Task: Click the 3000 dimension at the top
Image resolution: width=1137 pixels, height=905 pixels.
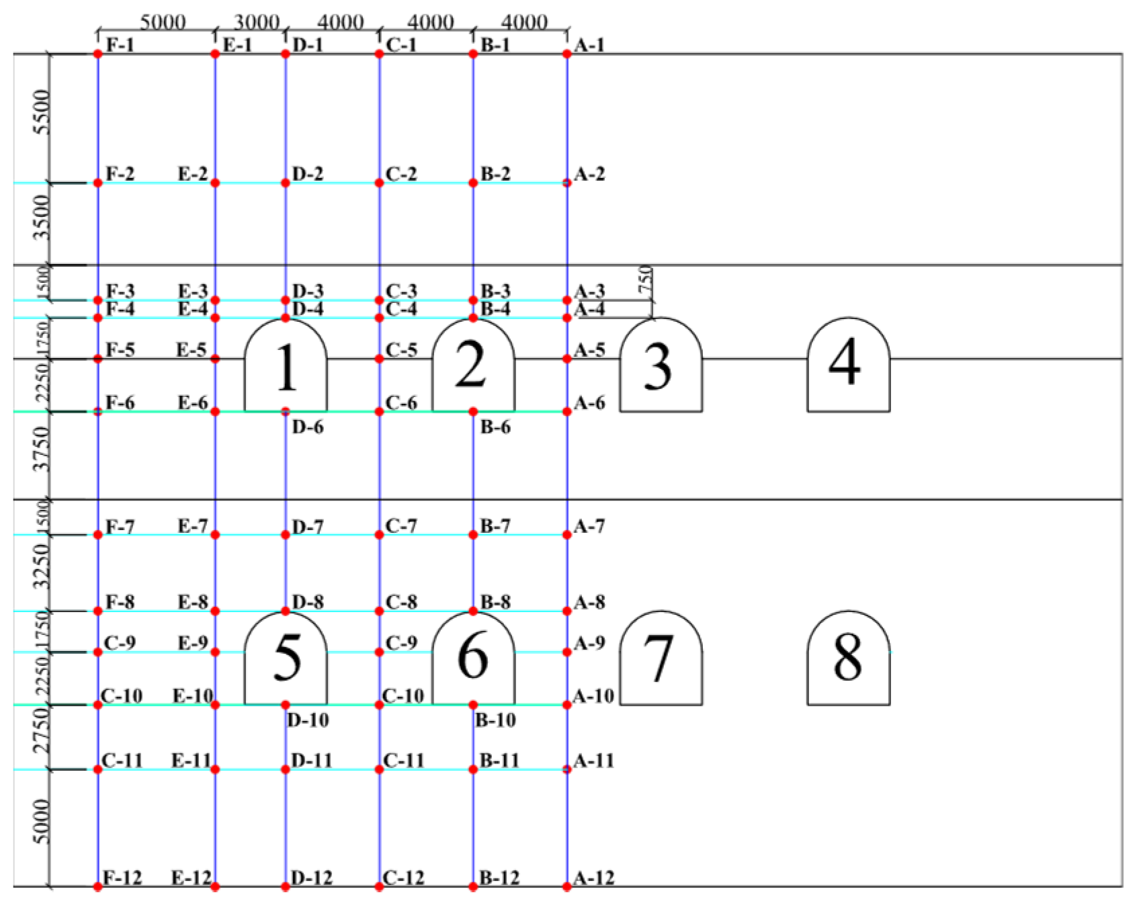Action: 256,22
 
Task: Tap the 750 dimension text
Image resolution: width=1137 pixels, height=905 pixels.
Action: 645,279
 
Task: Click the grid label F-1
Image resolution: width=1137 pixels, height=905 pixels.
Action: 120,45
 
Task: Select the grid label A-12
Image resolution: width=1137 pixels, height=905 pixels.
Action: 594,877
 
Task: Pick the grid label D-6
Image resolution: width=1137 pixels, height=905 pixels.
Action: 308,427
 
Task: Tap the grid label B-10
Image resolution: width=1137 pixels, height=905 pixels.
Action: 495,720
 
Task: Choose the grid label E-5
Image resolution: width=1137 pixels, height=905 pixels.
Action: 192,350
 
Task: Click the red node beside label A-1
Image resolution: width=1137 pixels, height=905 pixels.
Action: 567,54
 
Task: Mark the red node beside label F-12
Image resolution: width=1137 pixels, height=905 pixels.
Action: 98,887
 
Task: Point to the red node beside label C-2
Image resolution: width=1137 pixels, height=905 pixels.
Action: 379,183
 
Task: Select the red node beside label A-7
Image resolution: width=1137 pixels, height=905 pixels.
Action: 567,535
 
